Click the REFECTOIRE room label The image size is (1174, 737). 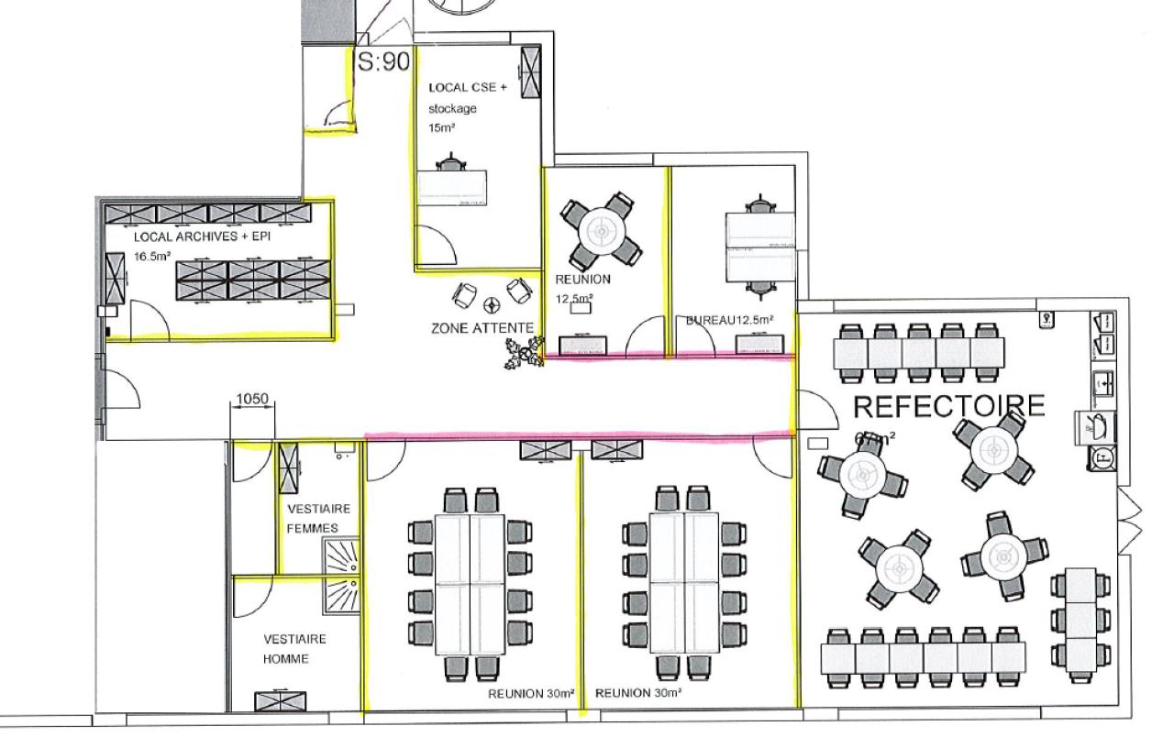click(x=948, y=405)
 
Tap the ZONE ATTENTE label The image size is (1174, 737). click(x=482, y=327)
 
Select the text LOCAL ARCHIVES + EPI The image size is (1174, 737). click(x=202, y=236)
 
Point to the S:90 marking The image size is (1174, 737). click(x=382, y=62)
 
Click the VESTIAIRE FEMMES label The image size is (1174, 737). click(x=312, y=518)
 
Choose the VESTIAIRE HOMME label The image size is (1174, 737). click(x=293, y=649)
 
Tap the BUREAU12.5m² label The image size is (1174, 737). click(x=729, y=320)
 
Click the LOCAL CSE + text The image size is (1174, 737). click(x=468, y=88)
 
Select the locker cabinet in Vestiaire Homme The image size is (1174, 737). click(x=273, y=701)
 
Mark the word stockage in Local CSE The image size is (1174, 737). click(x=452, y=108)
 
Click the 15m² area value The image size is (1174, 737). click(x=442, y=128)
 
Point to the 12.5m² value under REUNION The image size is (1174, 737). click(x=574, y=298)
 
